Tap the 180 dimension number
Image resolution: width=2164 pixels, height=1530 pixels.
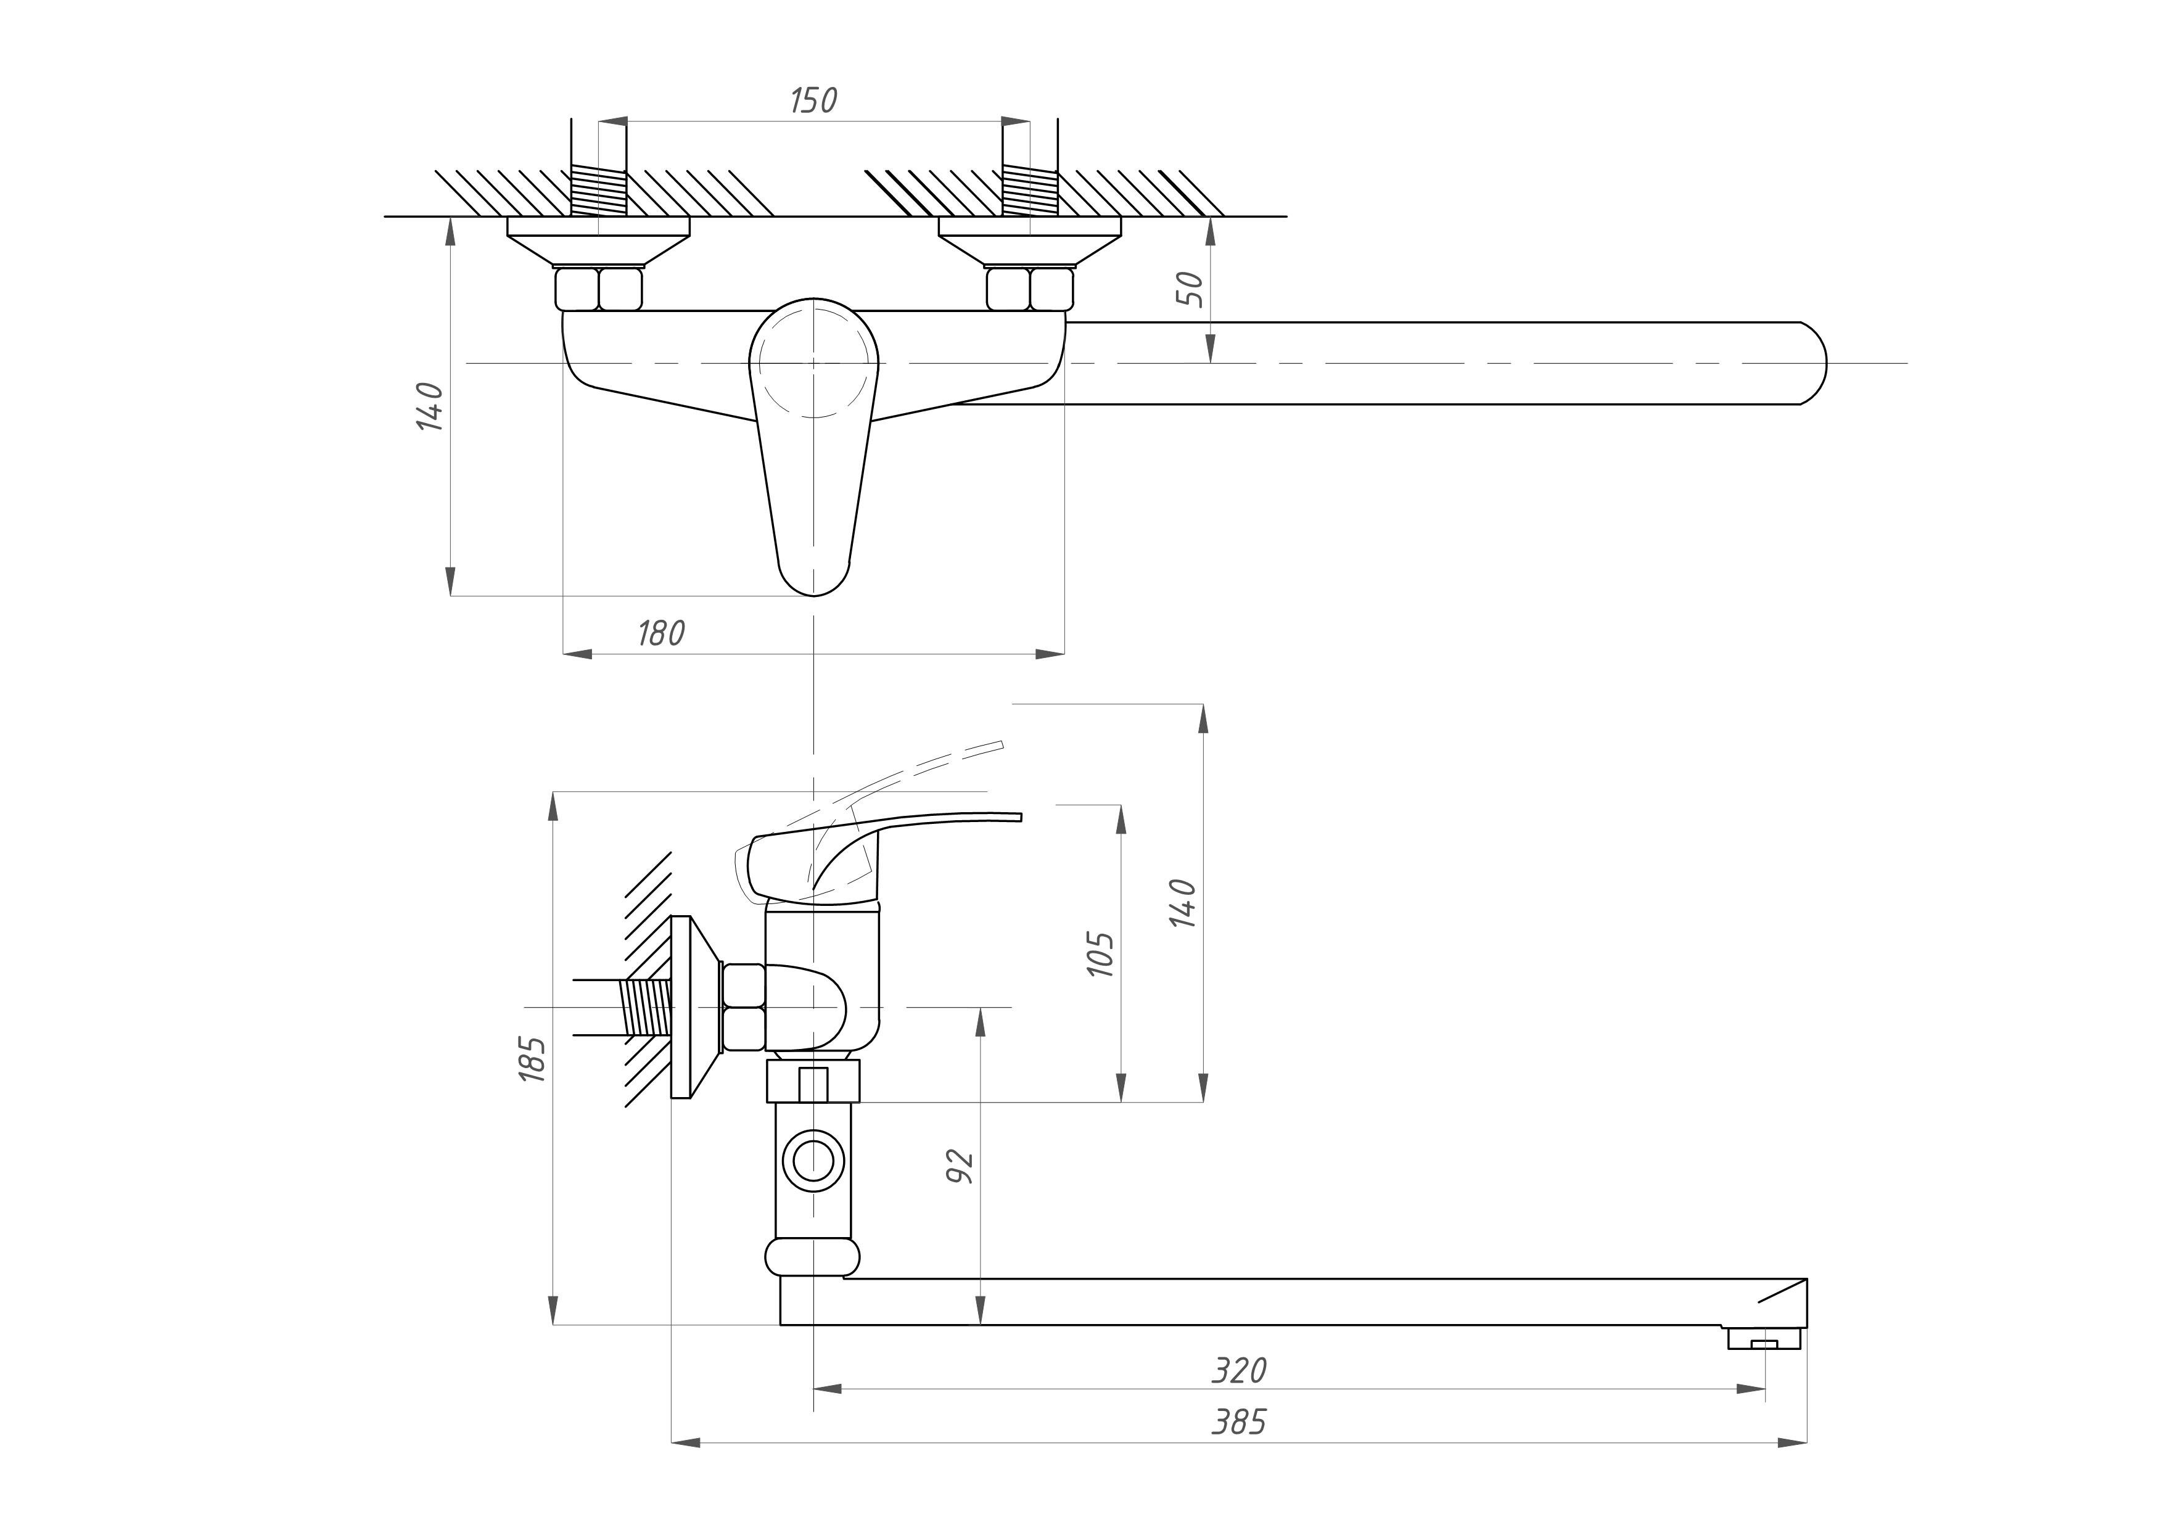660,633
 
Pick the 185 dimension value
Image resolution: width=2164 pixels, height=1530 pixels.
533,1059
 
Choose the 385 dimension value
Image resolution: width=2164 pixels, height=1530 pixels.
1238,1421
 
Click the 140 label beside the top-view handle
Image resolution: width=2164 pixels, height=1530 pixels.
430,407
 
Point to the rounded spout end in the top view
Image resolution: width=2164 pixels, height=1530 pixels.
1811,363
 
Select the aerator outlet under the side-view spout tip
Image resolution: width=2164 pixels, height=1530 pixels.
1763,1339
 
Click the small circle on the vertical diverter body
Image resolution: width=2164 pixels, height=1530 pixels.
812,1159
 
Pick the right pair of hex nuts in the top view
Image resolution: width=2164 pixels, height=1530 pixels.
1030,289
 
